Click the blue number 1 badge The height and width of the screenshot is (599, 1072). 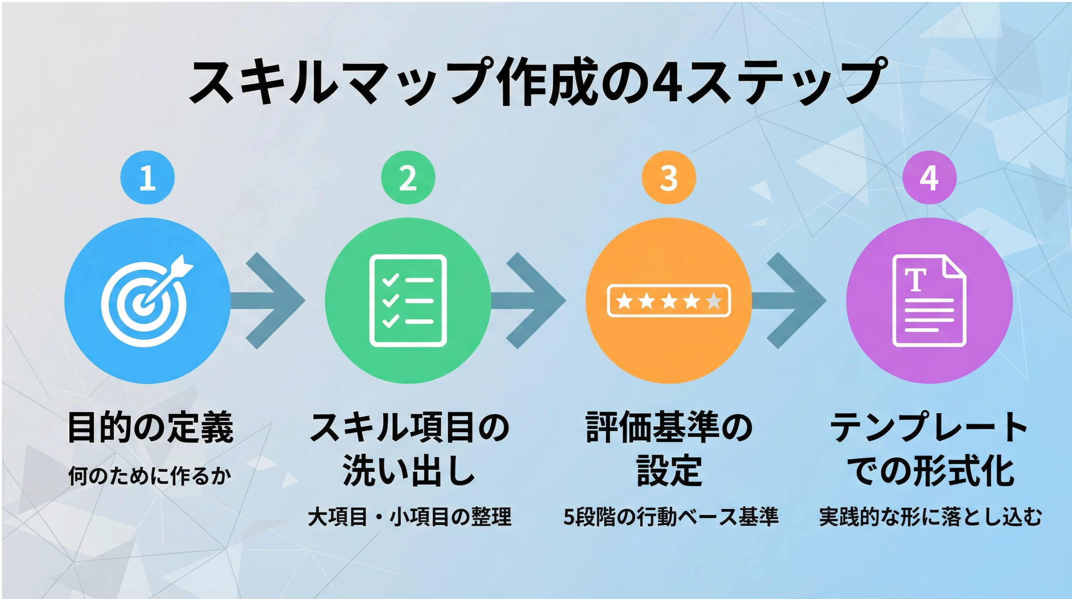[x=147, y=178]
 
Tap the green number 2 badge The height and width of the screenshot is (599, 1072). [x=408, y=178]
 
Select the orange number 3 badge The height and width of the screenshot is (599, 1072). [x=669, y=178]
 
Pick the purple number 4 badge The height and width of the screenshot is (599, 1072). [x=929, y=178]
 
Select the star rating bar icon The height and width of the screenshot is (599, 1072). [x=669, y=301]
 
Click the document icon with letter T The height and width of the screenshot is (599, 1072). [x=929, y=301]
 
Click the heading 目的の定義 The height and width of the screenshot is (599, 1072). [x=150, y=427]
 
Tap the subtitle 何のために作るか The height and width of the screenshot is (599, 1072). [x=150, y=476]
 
